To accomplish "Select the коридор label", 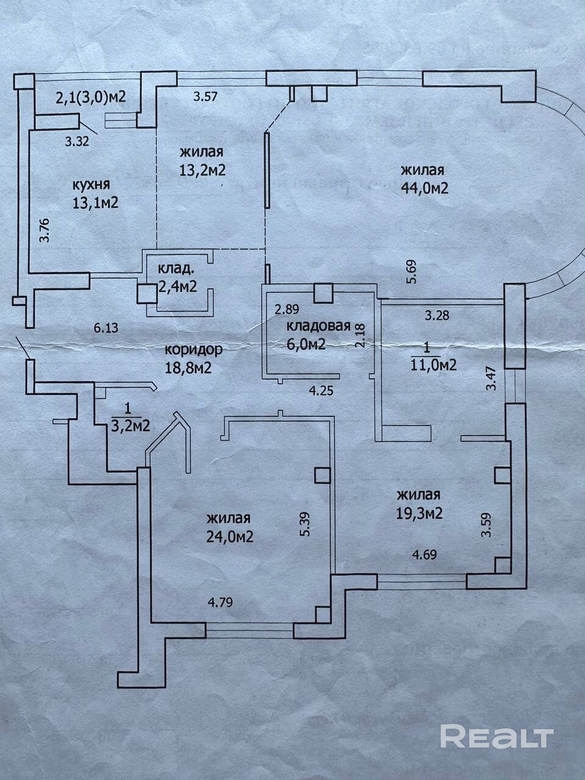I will (194, 350).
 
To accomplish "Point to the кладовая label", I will (318, 325).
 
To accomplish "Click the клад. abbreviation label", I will (177, 269).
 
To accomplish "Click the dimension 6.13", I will (106, 327).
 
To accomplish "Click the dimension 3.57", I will (206, 95).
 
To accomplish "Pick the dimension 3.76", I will (44, 230).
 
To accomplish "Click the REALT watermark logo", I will (497, 736).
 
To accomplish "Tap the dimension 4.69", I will (425, 555).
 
